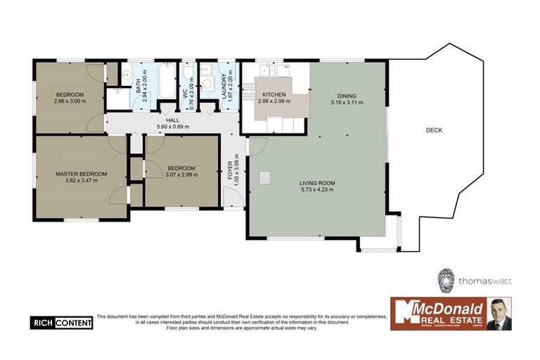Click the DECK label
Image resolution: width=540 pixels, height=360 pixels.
(x=433, y=130)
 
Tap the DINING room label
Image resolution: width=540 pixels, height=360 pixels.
(x=347, y=96)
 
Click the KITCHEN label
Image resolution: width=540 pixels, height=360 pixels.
(x=273, y=94)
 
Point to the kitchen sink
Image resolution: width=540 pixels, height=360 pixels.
(x=266, y=70)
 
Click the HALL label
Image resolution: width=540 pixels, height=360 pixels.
(x=173, y=120)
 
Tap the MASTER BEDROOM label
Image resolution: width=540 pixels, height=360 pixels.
(x=82, y=174)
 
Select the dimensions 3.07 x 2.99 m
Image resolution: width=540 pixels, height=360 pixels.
(x=181, y=175)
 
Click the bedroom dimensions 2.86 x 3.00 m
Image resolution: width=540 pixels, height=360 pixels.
(x=70, y=101)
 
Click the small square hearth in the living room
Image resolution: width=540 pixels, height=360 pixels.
(x=265, y=178)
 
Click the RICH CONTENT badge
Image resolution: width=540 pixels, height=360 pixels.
(x=60, y=323)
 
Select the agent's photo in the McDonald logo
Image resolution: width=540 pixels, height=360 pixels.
(x=499, y=314)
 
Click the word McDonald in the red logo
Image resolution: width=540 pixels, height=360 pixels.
(x=450, y=308)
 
